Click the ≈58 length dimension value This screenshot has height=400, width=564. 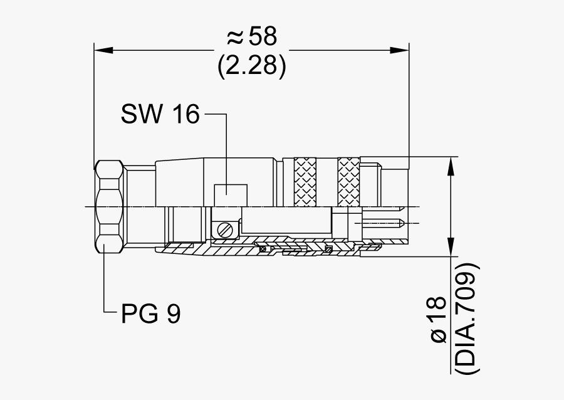[251, 38]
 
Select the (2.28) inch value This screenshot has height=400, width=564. [252, 66]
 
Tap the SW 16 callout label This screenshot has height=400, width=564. [160, 114]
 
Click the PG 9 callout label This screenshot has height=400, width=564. [150, 313]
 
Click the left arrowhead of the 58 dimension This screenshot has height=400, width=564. [103, 49]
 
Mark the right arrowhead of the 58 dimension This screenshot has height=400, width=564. [400, 49]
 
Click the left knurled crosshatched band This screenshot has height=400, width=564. [305, 182]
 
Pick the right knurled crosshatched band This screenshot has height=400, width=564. [348, 182]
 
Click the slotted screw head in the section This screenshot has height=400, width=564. [226, 229]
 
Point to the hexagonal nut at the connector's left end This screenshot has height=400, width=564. [109, 206]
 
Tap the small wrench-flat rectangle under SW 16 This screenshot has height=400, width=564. [230, 195]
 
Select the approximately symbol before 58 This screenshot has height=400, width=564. [234, 38]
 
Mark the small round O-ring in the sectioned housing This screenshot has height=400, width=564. [264, 250]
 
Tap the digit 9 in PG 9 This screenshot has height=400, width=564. [173, 313]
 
